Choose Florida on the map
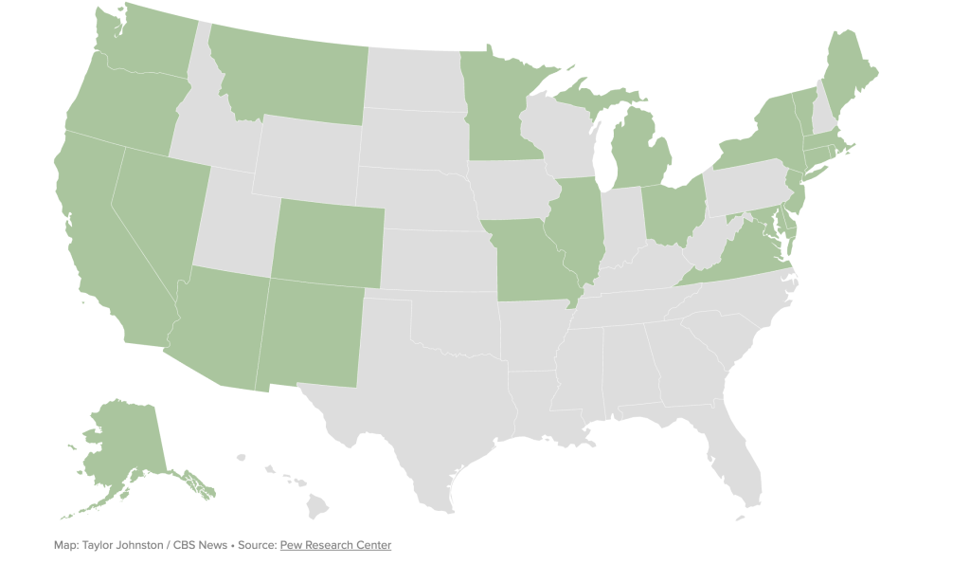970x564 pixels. (745, 464)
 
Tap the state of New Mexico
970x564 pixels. (310, 332)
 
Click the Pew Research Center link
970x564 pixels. (335, 545)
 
